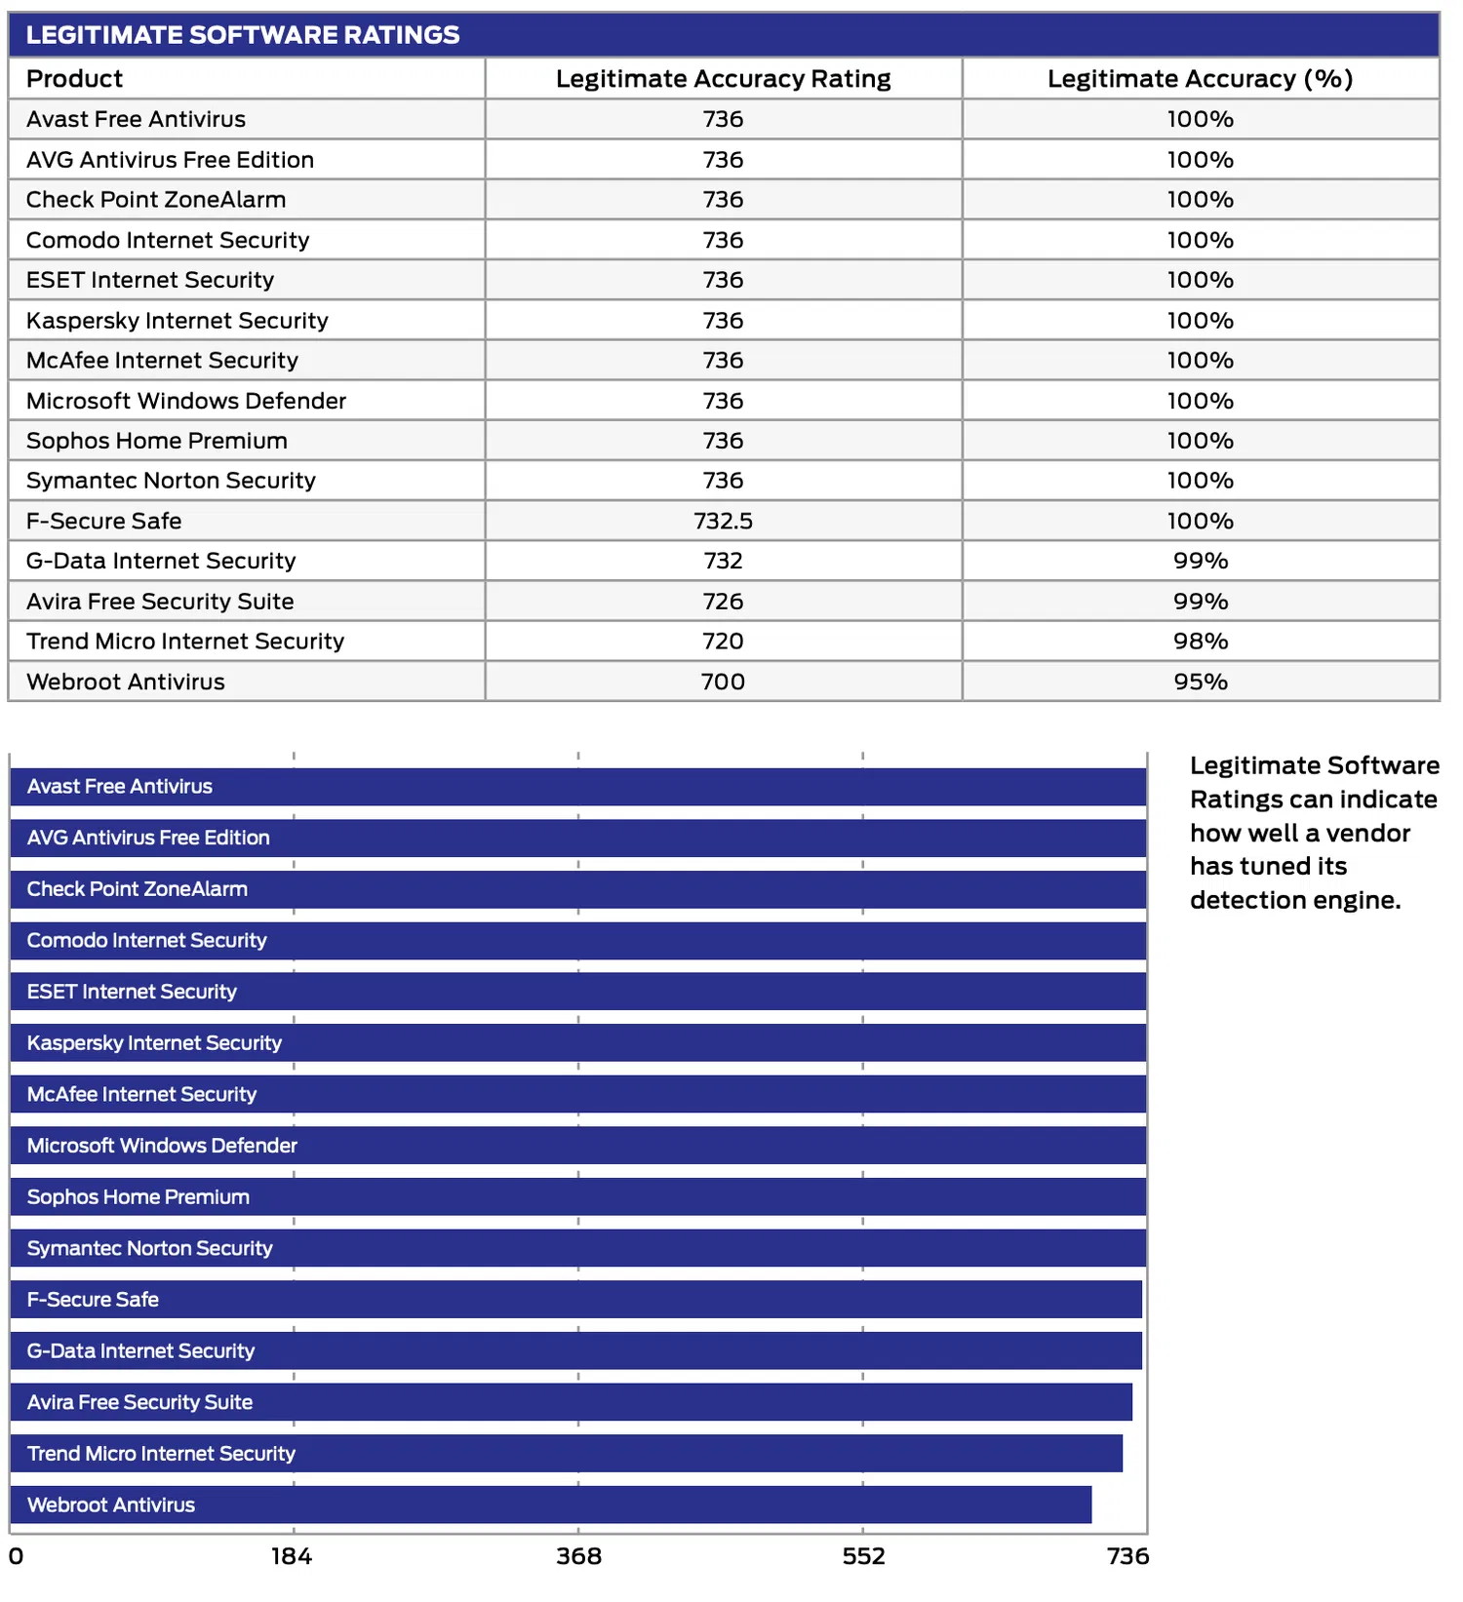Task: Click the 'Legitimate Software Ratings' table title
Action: pos(243,35)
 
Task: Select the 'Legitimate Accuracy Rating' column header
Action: pos(723,79)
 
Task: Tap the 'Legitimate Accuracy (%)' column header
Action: pos(1200,79)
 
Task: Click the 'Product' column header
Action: pos(75,79)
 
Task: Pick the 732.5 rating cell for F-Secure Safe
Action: pos(723,521)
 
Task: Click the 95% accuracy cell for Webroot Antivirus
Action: pos(1200,682)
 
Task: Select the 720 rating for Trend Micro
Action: pos(723,642)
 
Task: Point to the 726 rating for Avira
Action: pos(723,602)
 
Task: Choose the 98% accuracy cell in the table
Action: pos(1200,642)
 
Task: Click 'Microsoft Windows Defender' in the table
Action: pos(186,401)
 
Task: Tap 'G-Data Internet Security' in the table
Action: pos(161,561)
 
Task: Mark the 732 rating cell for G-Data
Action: pos(723,561)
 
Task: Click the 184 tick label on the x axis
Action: pos(292,1556)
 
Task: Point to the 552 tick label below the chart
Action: pos(863,1556)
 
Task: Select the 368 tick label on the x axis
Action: pos(578,1556)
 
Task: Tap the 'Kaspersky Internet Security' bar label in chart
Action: pos(154,1043)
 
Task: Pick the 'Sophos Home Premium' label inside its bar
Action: pos(138,1197)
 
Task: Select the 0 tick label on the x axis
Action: pos(17,1556)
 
